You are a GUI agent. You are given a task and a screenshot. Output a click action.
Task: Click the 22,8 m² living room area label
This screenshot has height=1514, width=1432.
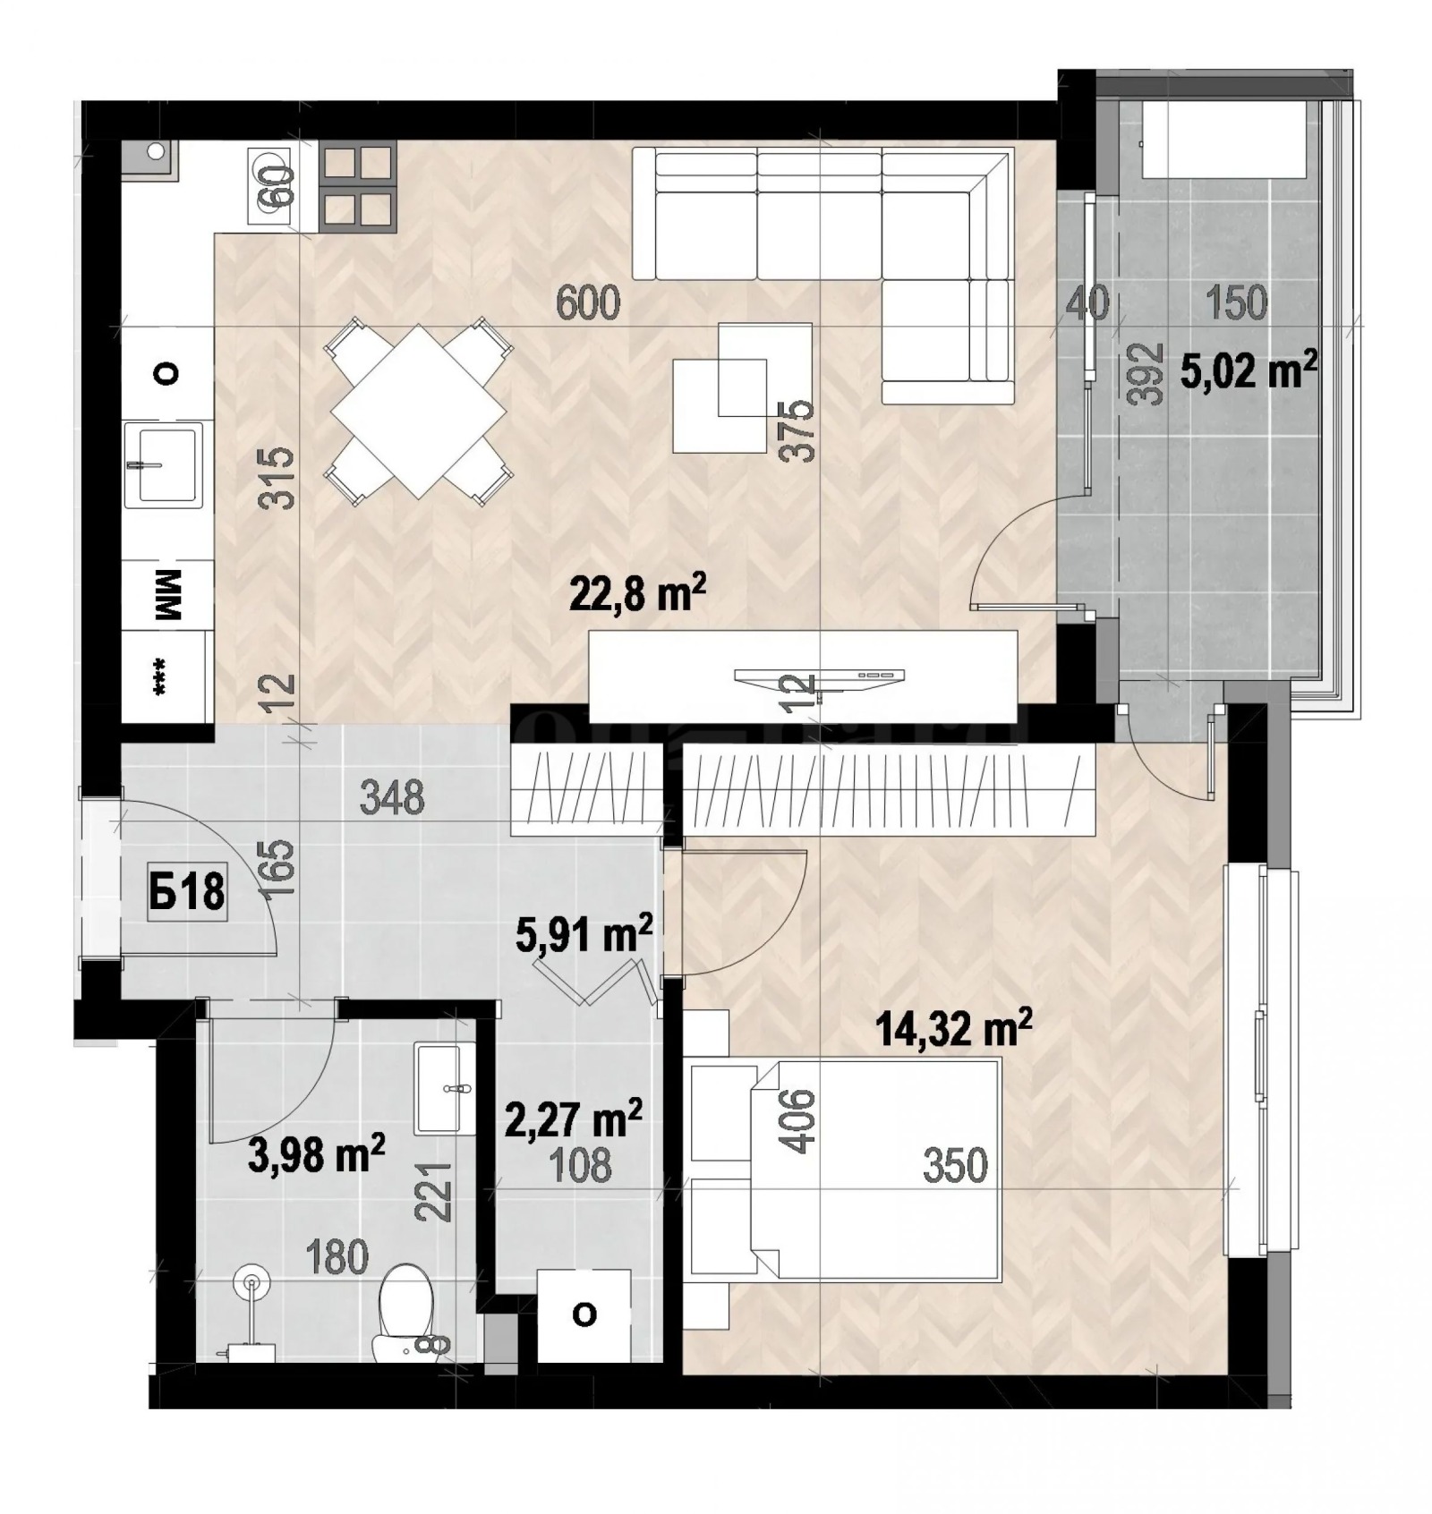tap(637, 592)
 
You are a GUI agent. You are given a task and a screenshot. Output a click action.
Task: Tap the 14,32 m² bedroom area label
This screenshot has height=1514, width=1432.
tap(954, 1027)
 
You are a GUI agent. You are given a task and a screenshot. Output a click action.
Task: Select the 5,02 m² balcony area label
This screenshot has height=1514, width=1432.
tap(1249, 370)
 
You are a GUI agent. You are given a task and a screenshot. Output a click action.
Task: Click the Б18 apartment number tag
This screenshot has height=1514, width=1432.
tap(186, 892)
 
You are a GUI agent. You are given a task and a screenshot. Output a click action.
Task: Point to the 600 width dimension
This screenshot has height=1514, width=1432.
tap(587, 303)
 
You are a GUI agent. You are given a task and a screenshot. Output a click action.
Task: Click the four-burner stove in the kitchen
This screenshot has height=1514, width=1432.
tap(358, 186)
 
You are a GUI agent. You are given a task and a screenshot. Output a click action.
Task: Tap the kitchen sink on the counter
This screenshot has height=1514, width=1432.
tap(163, 464)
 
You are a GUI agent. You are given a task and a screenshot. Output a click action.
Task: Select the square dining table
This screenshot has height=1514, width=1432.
tap(419, 411)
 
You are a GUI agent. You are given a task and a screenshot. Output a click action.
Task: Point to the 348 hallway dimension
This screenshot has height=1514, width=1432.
tap(391, 796)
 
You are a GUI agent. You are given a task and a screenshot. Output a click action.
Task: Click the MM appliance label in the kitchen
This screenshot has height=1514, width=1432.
tap(167, 595)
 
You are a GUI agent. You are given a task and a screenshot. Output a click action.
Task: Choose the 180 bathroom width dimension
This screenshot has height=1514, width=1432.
tap(336, 1257)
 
